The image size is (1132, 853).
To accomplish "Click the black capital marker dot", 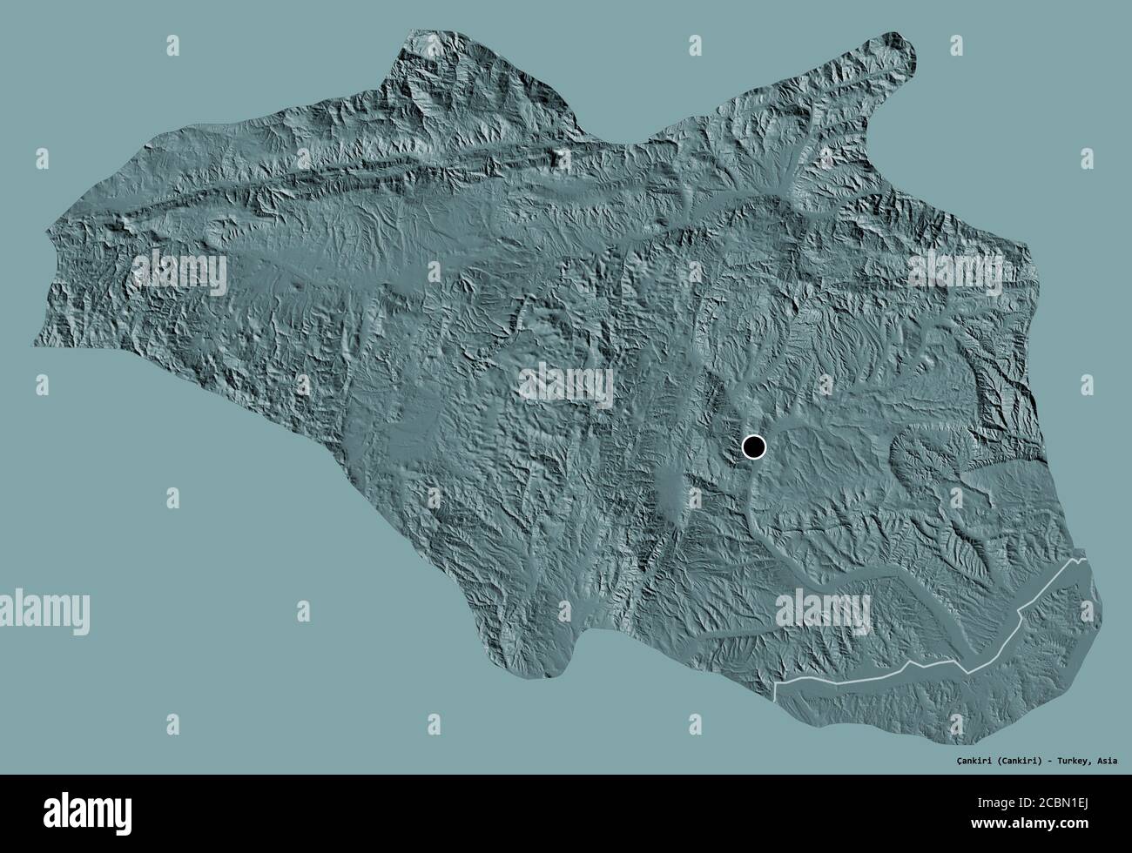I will point(754,447).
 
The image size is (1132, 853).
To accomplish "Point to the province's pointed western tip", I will point(37,344).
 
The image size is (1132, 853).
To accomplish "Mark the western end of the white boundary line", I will point(776,694).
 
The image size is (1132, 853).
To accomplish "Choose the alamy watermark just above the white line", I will point(823,608).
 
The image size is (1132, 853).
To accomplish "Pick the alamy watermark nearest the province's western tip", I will point(179,272).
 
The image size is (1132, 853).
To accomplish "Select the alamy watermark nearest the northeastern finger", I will point(954,272).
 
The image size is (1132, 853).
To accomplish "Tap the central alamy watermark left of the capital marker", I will point(566,385).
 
